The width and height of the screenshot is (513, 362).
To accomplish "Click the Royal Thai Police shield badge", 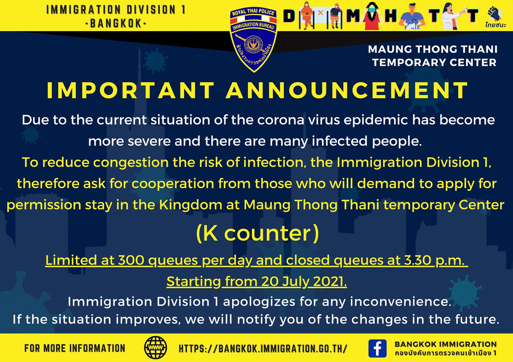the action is point(253,39).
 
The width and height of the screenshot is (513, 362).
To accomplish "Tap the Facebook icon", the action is point(377,348).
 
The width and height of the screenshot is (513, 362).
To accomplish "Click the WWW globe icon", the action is point(156,347).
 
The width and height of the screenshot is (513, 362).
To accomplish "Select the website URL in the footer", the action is point(263,349).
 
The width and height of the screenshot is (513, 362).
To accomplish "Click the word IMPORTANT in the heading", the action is point(130,90).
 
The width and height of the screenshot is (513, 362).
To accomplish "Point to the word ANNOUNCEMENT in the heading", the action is point(347,90).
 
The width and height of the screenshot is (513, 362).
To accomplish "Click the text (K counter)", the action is point(257,233).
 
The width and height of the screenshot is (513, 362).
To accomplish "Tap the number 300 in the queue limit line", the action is point(131,260).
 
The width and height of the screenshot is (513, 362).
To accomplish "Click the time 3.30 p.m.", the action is point(434,261).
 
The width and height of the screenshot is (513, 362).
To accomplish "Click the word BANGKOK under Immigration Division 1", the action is point(116,23).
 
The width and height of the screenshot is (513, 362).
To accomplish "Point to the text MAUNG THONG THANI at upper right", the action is point(433,49).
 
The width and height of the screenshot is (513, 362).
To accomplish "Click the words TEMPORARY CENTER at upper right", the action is point(434,62).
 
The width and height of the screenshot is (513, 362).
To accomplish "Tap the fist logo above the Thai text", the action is point(495,14).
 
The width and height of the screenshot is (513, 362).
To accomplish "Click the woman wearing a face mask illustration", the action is point(371,15).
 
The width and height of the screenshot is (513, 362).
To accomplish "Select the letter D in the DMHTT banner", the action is point(289,16).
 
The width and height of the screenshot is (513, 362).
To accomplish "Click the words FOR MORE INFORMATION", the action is point(75,348).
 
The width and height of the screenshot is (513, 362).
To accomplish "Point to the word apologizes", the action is point(259,302).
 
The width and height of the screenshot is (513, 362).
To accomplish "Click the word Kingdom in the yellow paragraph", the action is point(191,205).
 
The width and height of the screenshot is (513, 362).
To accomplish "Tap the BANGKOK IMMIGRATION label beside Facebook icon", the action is point(445,344).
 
